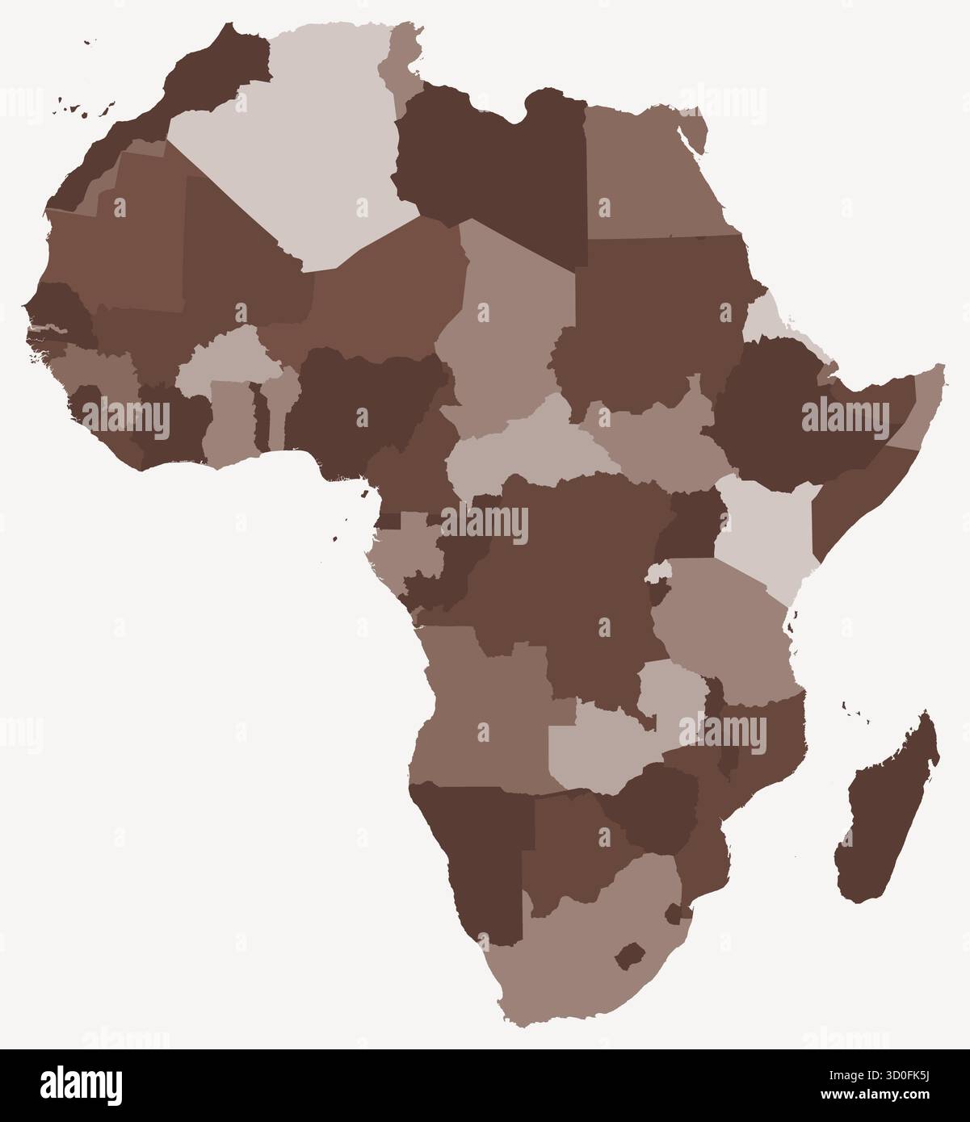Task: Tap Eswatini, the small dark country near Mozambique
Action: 673,914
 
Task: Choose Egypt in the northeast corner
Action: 646,178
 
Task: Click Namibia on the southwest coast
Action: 477,856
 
